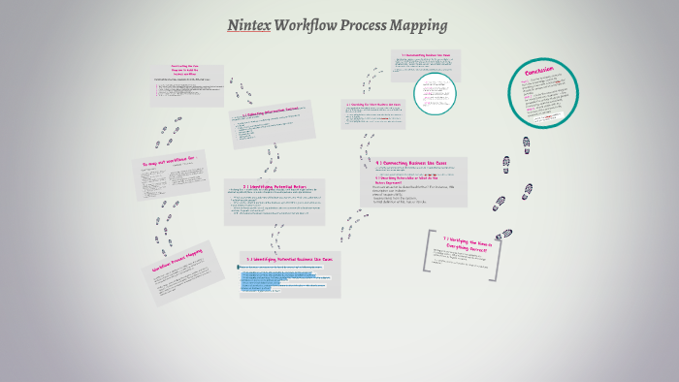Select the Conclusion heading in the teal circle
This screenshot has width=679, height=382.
[x=538, y=75]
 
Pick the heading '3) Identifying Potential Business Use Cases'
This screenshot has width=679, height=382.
[x=289, y=259]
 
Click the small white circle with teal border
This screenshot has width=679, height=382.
[x=434, y=93]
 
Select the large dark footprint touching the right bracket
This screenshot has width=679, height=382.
[x=504, y=235]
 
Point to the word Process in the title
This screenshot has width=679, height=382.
[x=368, y=25]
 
